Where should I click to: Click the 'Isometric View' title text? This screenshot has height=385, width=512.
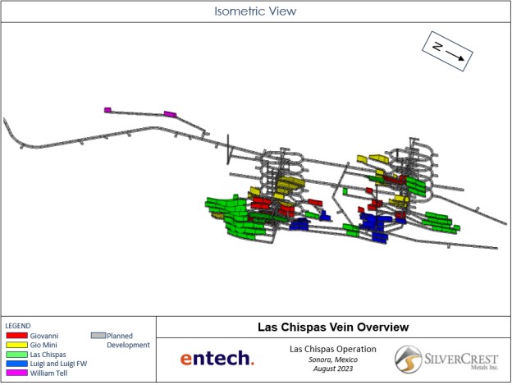[255, 11]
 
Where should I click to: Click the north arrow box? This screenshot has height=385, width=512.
[447, 51]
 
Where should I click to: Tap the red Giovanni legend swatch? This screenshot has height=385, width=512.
[16, 336]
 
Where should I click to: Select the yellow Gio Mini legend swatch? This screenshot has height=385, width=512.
[16, 345]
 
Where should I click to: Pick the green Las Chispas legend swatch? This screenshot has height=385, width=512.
[16, 354]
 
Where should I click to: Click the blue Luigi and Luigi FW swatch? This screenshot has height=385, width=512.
[16, 363]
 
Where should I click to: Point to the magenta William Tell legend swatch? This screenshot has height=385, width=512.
[16, 373]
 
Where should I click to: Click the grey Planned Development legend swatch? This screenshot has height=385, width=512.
[98, 336]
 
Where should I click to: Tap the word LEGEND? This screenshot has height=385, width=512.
[18, 326]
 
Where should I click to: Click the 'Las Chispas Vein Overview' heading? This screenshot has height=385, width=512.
[333, 327]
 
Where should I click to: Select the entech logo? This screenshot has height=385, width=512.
[217, 358]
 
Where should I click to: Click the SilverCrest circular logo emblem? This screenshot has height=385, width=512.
[408, 360]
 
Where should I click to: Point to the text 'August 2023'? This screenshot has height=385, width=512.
[333, 369]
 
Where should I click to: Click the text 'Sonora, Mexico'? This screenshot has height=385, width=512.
[333, 360]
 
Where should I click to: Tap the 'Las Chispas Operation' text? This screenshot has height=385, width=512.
[333, 349]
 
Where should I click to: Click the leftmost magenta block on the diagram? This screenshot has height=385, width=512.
[107, 110]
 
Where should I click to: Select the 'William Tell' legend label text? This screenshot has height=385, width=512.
[48, 373]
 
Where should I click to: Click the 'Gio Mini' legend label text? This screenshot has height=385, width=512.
[43, 345]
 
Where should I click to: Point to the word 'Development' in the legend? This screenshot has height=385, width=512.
[128, 345]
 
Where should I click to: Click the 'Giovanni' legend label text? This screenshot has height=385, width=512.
[44, 336]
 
